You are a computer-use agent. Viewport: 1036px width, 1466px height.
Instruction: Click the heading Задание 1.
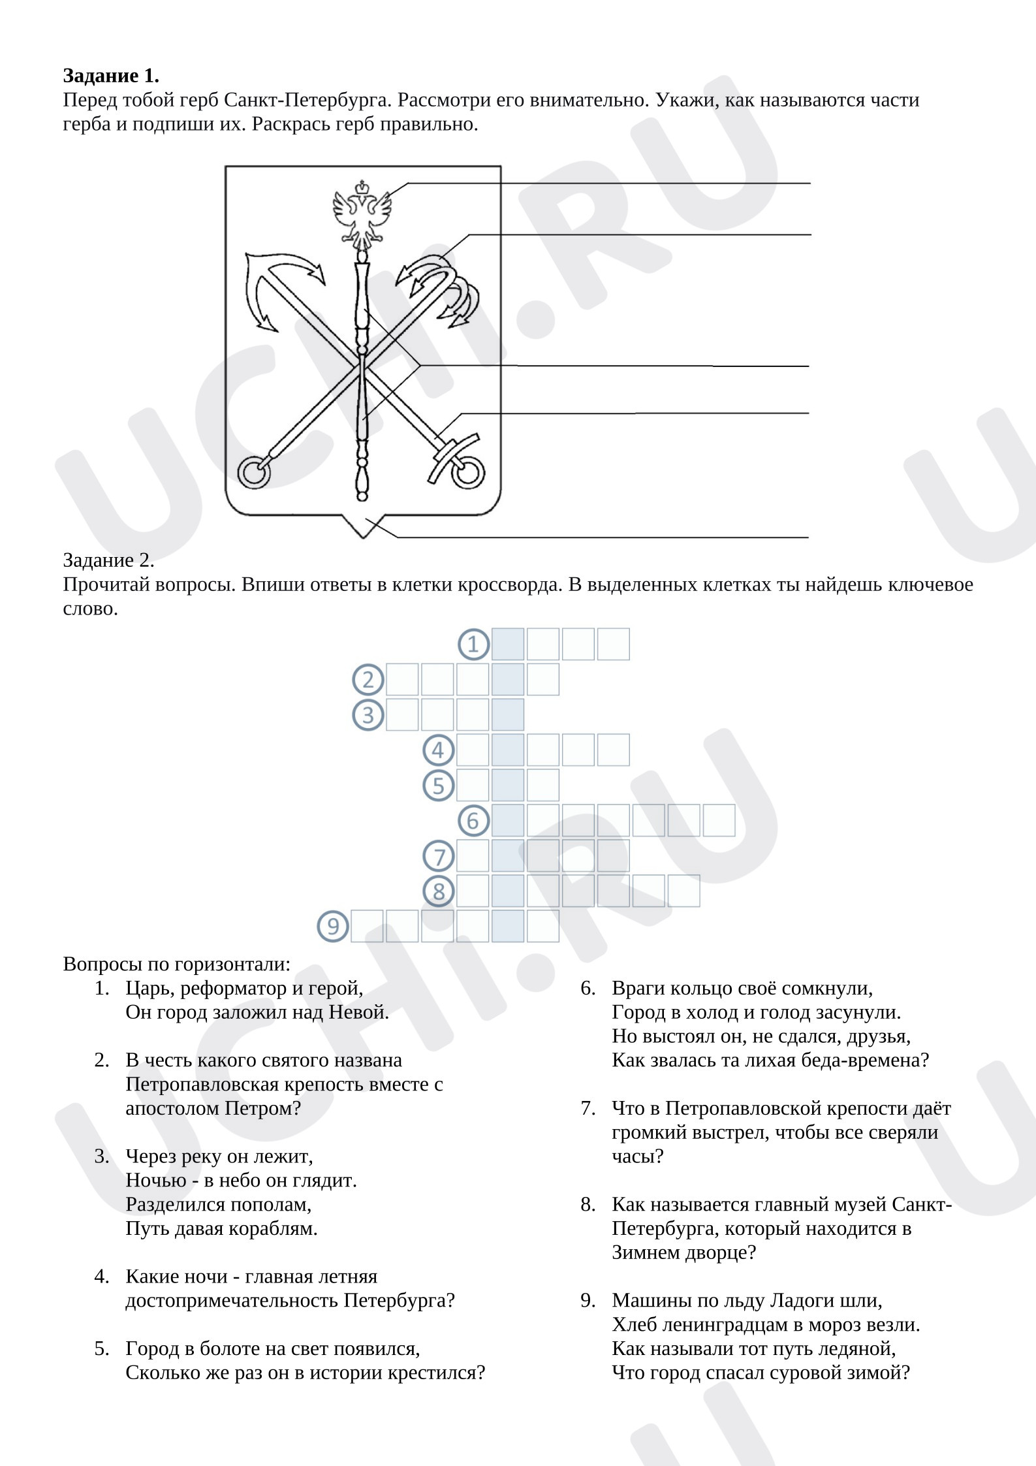tap(111, 76)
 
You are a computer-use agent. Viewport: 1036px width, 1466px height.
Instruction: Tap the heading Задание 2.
tap(108, 560)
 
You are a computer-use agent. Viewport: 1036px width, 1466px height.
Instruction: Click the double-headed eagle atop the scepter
tap(362, 212)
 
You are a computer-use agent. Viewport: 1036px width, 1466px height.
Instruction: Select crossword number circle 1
tap(473, 645)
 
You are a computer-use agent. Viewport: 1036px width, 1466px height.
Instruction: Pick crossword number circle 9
tap(333, 926)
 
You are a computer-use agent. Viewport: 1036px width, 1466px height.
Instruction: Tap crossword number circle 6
tap(473, 820)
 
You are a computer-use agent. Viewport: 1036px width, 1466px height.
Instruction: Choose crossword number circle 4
tap(438, 750)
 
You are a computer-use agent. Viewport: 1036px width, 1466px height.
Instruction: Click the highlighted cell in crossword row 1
tap(508, 645)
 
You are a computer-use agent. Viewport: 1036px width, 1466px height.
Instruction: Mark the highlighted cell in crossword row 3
tap(508, 714)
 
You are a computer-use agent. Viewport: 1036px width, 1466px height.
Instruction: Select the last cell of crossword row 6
tap(719, 820)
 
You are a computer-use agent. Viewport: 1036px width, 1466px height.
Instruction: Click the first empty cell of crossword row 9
tap(367, 926)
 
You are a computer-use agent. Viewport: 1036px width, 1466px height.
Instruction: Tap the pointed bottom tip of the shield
tap(363, 538)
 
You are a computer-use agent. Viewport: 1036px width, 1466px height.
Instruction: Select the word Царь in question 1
tap(148, 988)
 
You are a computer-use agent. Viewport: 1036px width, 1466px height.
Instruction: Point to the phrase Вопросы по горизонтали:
tap(176, 964)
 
